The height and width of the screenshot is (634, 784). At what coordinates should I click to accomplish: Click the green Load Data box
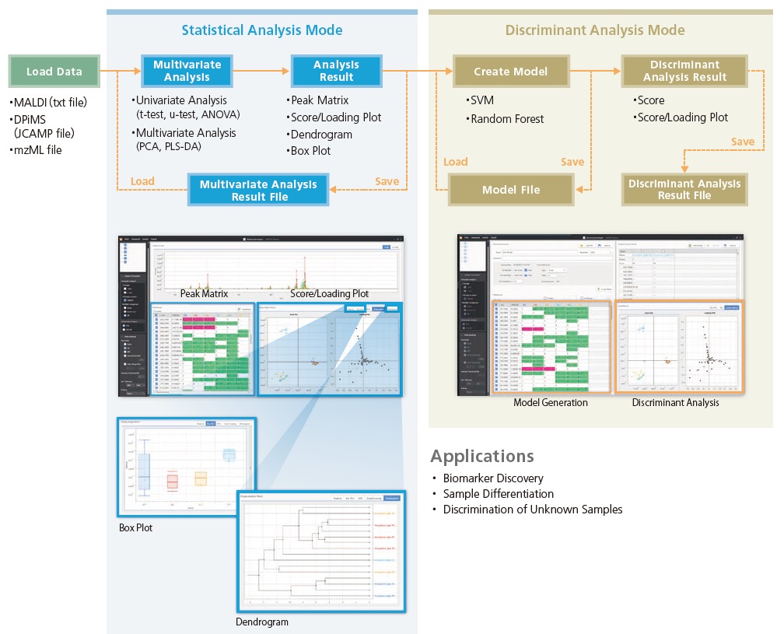pos(54,72)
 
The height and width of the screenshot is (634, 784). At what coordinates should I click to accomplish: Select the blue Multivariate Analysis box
pos(187,71)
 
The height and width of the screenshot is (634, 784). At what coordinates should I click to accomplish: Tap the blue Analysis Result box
pos(336,71)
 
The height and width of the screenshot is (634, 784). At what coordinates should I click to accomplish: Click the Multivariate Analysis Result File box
pos(258,191)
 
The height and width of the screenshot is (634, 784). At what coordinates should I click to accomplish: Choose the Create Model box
pos(510,72)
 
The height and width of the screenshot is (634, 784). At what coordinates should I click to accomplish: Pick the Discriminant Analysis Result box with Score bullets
pos(685,71)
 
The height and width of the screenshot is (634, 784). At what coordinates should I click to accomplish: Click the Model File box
pos(510,190)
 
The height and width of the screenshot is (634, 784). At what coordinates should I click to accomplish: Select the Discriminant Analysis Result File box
pos(684,190)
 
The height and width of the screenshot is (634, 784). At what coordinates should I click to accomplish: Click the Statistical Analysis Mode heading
pos(261,30)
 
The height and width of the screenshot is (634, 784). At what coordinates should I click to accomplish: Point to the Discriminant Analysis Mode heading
pos(595,30)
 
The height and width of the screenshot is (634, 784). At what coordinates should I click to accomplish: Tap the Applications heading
pos(482,457)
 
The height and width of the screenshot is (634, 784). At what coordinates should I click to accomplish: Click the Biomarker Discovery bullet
pos(493,478)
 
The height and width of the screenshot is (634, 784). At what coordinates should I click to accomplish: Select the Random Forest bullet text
pos(508,119)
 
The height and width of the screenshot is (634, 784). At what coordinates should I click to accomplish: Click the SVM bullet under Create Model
pos(482,101)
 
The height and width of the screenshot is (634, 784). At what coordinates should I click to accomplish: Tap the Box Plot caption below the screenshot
pos(135,528)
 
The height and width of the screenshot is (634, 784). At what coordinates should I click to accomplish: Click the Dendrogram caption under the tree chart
pos(262,622)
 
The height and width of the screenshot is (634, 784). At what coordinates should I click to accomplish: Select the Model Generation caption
pos(550,403)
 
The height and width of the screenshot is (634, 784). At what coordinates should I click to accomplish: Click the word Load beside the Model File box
pos(456,162)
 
